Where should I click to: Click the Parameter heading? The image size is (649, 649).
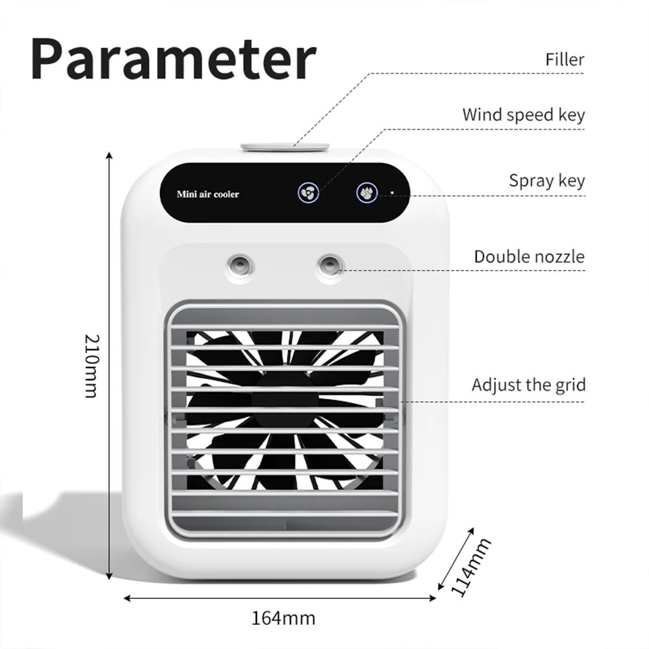tap(173, 60)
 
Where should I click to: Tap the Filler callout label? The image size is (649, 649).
tap(564, 60)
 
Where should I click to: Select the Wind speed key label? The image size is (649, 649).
tap(523, 115)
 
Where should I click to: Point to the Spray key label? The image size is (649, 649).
tap(546, 180)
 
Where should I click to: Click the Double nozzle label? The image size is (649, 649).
tap(529, 256)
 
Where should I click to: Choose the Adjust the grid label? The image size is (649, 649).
tap(528, 385)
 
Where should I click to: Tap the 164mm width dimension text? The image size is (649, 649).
tap(283, 617)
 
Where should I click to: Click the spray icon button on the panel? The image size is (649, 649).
tap(367, 192)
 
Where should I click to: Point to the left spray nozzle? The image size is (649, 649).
tap(238, 263)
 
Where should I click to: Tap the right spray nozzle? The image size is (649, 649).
tap(329, 263)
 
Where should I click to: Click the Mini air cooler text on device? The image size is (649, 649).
tap(208, 194)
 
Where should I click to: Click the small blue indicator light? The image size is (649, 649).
tap(392, 192)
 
